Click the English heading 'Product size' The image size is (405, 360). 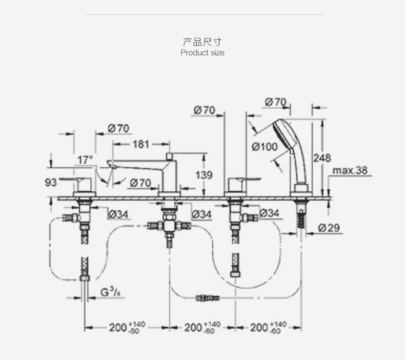[202, 53]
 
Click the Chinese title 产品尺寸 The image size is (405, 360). [202, 42]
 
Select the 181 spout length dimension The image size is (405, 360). [141, 144]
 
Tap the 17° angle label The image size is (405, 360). [85, 159]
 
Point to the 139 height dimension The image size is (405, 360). [204, 175]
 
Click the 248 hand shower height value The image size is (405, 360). [322, 157]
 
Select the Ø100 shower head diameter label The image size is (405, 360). [265, 147]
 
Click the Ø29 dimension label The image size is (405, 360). [329, 228]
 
